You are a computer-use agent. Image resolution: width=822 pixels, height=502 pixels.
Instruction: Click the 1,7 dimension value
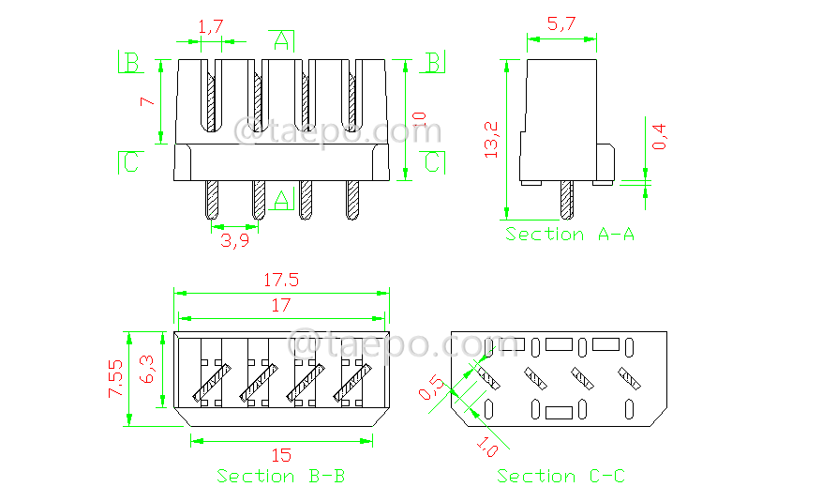(x=211, y=27)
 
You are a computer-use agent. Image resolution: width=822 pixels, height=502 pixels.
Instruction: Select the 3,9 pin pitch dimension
(x=235, y=241)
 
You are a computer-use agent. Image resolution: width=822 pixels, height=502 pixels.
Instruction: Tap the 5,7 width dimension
(x=560, y=25)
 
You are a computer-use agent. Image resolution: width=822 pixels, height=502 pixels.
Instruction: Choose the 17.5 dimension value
(x=280, y=280)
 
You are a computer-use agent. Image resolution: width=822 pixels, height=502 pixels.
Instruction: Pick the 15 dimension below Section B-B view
(x=281, y=455)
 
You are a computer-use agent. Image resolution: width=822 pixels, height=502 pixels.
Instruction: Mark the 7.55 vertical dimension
(x=114, y=378)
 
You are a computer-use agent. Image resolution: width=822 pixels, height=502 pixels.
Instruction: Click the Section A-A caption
(x=570, y=234)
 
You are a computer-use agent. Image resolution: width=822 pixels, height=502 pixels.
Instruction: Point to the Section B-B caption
(x=281, y=476)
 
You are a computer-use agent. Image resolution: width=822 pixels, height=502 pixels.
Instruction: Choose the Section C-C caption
(x=561, y=476)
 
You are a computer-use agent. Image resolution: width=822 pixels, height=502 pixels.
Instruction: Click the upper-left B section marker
(x=130, y=63)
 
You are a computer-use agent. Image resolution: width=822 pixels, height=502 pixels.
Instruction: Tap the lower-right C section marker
(x=432, y=162)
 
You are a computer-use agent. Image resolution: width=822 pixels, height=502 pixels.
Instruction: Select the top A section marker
(x=281, y=39)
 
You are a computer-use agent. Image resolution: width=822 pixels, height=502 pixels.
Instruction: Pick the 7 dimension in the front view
(x=146, y=102)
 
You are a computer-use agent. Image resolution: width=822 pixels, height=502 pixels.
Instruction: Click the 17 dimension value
(x=280, y=305)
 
